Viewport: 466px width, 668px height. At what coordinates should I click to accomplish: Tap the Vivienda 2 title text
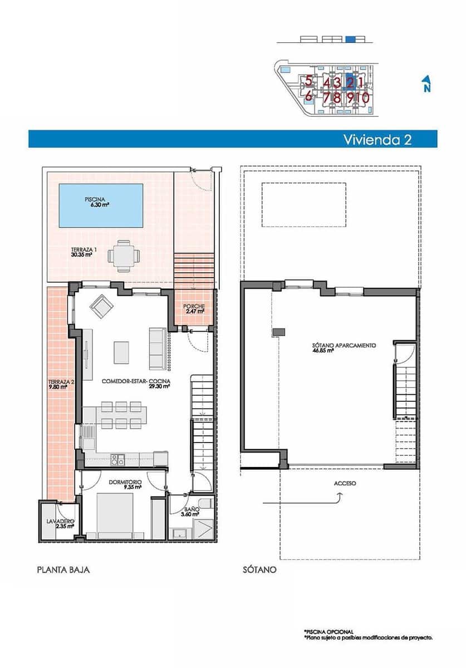[x=377, y=139]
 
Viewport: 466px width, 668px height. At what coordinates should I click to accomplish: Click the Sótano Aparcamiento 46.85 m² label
[x=344, y=348]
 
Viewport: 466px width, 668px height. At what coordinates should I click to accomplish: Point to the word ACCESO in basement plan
[x=345, y=484]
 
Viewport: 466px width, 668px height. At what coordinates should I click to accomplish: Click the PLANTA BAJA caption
[x=63, y=570]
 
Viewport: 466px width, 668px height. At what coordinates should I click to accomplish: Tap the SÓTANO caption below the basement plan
[x=259, y=570]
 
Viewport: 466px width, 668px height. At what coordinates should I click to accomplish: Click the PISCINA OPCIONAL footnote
[x=328, y=632]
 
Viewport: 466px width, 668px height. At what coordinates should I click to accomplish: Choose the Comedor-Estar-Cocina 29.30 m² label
[x=136, y=384]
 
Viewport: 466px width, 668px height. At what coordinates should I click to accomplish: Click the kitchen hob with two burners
[x=117, y=459]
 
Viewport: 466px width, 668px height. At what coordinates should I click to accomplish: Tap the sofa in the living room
[x=156, y=348]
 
